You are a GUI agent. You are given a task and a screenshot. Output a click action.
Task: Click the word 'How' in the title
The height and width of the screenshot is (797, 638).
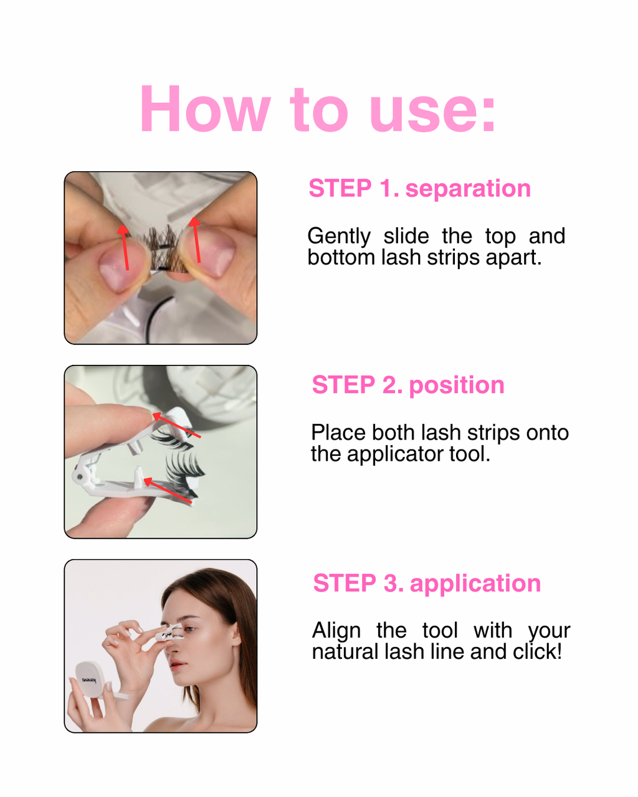click(x=205, y=108)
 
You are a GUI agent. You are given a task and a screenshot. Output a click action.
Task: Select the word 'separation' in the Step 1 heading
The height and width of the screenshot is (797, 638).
click(x=468, y=189)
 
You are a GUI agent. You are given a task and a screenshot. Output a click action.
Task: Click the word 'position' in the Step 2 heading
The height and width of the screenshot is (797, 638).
click(x=457, y=385)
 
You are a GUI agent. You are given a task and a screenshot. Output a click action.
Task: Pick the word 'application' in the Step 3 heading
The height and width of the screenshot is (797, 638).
click(x=475, y=583)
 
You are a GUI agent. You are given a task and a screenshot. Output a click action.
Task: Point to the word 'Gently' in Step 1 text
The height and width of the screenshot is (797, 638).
click(x=339, y=237)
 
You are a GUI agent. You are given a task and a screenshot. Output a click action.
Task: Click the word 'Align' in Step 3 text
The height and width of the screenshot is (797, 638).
click(x=336, y=631)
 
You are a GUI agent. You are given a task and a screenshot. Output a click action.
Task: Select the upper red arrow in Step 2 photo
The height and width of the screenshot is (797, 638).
click(x=176, y=425)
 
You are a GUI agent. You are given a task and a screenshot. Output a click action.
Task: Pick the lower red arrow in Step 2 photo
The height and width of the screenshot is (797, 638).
click(x=168, y=491)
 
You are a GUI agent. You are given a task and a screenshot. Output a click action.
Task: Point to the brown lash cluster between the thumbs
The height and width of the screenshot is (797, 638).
click(x=164, y=247)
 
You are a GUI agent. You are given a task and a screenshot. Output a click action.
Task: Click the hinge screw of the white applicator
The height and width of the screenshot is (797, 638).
click(x=80, y=477)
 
